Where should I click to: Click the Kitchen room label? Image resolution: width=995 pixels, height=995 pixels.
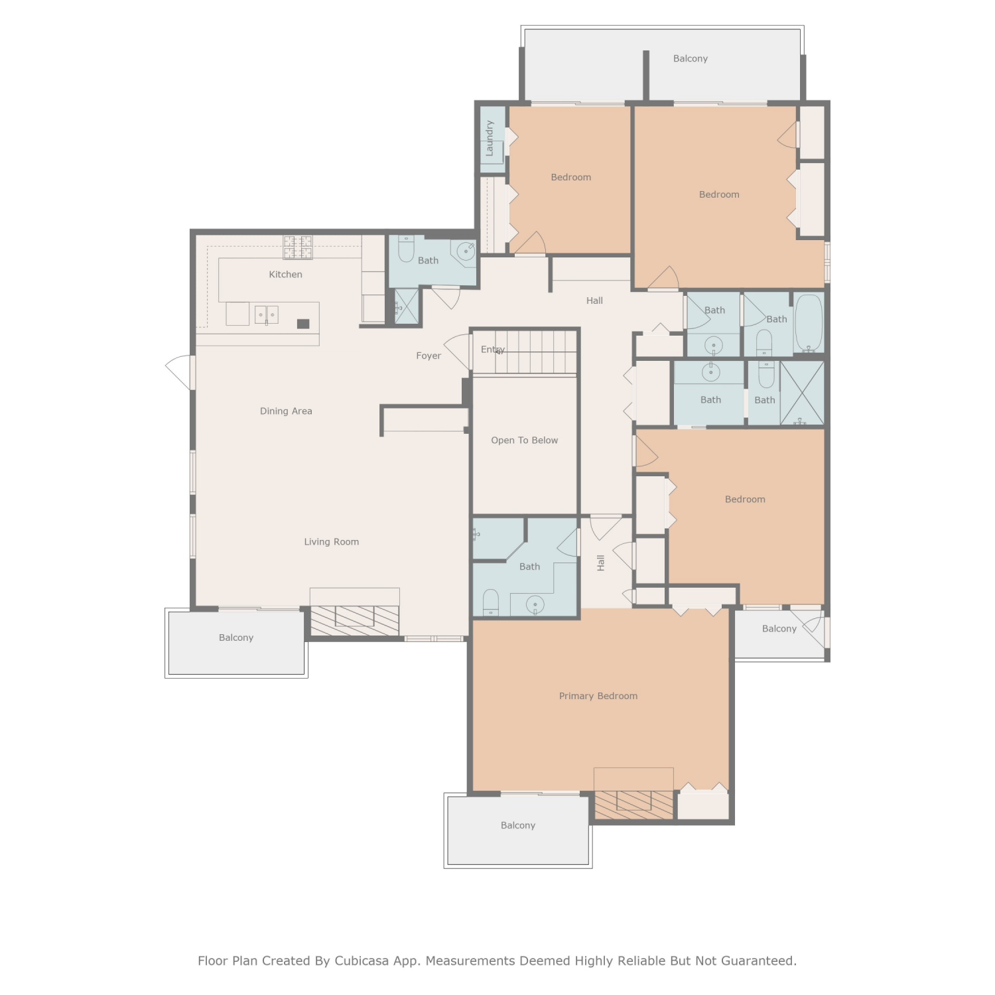pyautogui.click(x=285, y=275)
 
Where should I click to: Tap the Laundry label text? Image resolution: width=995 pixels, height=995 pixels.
pyautogui.click(x=490, y=138)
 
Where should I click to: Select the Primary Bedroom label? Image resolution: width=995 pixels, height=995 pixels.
pyautogui.click(x=598, y=696)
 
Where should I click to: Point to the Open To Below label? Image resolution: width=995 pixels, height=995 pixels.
pyautogui.click(x=524, y=440)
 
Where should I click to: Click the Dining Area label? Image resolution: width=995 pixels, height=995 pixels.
pyautogui.click(x=286, y=411)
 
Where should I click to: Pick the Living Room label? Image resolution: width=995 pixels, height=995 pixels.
pyautogui.click(x=332, y=542)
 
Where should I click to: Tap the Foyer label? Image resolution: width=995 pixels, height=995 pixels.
pyautogui.click(x=429, y=356)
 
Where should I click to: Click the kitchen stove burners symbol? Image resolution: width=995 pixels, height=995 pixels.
pyautogui.click(x=298, y=247)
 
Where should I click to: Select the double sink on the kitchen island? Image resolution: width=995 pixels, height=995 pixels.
pyautogui.click(x=267, y=314)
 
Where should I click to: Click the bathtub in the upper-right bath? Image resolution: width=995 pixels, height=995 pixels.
pyautogui.click(x=809, y=323)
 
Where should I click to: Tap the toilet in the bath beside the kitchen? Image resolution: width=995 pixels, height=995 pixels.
pyautogui.click(x=406, y=248)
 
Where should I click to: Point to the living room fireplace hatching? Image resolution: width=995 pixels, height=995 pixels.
pyautogui.click(x=355, y=620)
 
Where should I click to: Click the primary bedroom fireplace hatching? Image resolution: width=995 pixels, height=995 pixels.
pyautogui.click(x=633, y=805)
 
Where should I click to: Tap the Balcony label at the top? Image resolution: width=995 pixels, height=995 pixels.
pyautogui.click(x=691, y=58)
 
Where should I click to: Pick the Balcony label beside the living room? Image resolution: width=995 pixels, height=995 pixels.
pyautogui.click(x=236, y=637)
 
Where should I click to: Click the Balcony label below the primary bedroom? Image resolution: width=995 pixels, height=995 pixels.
pyautogui.click(x=518, y=825)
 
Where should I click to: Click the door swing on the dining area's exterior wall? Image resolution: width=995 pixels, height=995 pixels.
pyautogui.click(x=179, y=372)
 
